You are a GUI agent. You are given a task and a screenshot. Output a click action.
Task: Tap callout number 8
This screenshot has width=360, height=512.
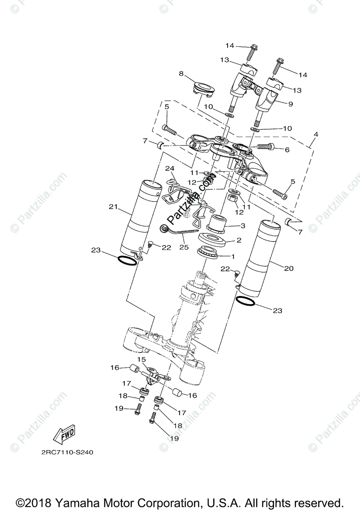181,74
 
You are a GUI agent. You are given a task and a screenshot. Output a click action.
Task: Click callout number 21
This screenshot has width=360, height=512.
113,207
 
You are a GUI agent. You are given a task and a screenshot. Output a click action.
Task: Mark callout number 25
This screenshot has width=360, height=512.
184,247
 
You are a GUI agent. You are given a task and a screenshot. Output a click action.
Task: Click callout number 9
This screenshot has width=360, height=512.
290,104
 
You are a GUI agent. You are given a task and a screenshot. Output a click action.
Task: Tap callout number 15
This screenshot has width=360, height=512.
142,359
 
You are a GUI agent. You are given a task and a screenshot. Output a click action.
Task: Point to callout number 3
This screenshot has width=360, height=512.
243,226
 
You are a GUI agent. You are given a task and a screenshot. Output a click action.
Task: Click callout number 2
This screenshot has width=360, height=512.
239,240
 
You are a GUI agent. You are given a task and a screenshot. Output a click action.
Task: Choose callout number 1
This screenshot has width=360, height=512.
233,257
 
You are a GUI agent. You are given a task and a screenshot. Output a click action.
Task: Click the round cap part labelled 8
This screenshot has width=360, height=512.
202,88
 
